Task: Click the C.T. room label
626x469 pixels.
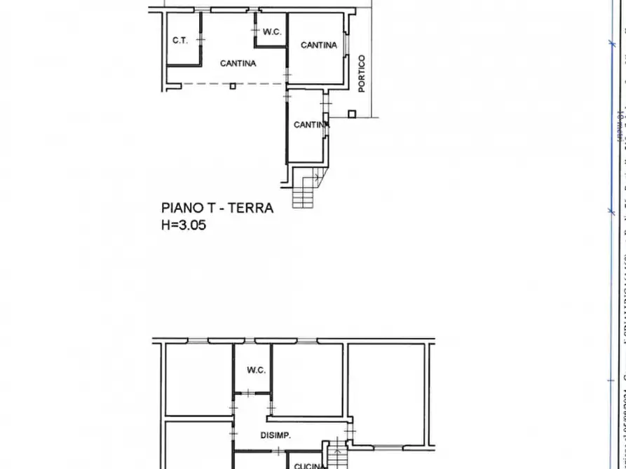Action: pyautogui.click(x=180, y=41)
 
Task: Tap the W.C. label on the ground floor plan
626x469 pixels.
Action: pyautogui.click(x=271, y=31)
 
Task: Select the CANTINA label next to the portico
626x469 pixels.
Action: pyautogui.click(x=318, y=45)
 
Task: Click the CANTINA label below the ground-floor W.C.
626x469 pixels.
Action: pyautogui.click(x=238, y=63)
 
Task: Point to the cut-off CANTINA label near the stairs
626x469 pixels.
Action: pyautogui.click(x=311, y=125)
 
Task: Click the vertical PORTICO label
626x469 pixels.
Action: pyautogui.click(x=362, y=73)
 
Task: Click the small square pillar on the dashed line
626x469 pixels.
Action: pyautogui.click(x=233, y=86)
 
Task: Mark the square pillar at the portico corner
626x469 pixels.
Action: pyautogui.click(x=352, y=113)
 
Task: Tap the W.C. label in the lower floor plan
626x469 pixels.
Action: pyautogui.click(x=256, y=370)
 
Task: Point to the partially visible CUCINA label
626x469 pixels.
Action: pyautogui.click(x=308, y=465)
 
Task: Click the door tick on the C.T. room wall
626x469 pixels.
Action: pyautogui.click(x=200, y=38)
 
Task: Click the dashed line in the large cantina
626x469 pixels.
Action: pyautogui.click(x=210, y=85)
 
